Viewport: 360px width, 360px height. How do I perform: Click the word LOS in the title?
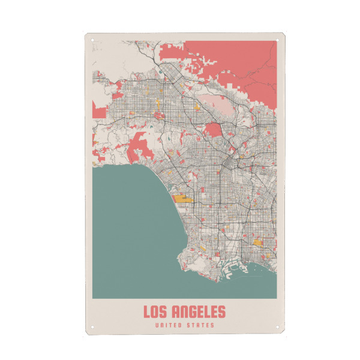155,312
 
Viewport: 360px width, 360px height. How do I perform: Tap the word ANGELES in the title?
199,312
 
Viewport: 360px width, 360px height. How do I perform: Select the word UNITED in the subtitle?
167,326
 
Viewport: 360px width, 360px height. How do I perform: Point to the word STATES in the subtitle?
200,326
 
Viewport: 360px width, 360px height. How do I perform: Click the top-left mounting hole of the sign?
93,41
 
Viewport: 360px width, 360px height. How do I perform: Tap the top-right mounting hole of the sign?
277,41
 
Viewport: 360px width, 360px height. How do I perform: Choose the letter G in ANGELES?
191,312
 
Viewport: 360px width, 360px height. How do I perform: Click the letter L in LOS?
146,312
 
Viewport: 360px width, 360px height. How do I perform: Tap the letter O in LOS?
155,312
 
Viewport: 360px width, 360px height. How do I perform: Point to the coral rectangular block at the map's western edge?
98,109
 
